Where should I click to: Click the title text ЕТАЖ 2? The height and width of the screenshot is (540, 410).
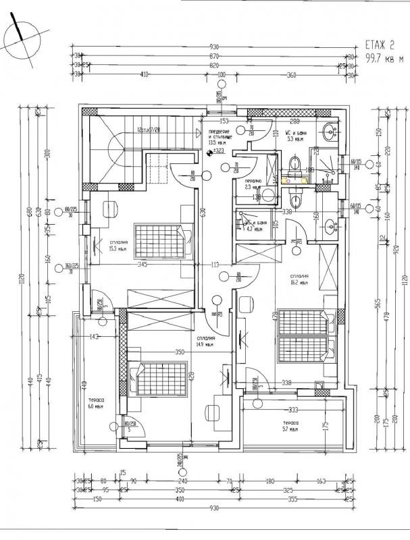coord(380,45)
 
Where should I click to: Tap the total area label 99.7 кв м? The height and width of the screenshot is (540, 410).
coord(382,59)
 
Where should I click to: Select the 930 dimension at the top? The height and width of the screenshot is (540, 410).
coord(214,47)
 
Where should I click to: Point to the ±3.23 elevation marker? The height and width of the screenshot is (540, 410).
coord(216,152)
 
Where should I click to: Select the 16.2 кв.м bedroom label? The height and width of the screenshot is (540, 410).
coord(300,280)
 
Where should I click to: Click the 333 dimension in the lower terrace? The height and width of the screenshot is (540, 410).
coord(293,410)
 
